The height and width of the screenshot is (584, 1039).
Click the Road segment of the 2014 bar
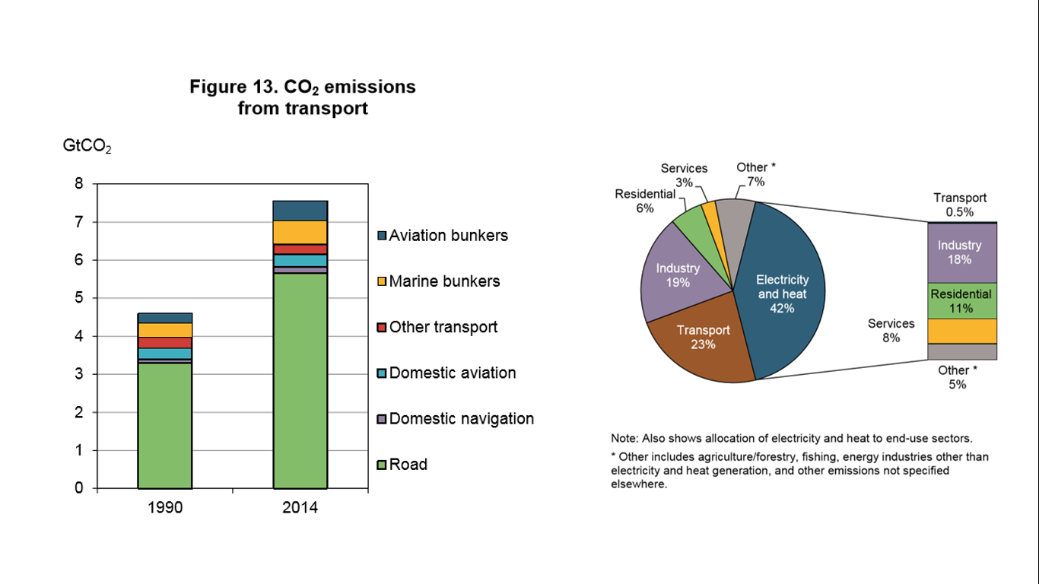pyautogui.click(x=300, y=380)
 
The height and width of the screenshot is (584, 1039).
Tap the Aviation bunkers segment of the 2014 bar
pyautogui.click(x=300, y=211)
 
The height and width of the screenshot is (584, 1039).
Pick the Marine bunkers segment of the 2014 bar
pyautogui.click(x=300, y=233)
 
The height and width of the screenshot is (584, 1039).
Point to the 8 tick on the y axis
pyautogui.click(x=79, y=184)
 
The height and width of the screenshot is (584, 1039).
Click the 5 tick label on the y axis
pyautogui.click(x=79, y=298)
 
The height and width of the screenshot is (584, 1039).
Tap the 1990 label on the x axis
pyautogui.click(x=164, y=507)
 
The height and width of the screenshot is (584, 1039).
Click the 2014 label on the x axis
pyautogui.click(x=300, y=507)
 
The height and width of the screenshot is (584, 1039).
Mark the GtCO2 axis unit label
pyautogui.click(x=87, y=146)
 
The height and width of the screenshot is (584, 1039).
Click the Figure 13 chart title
pyautogui.click(x=303, y=97)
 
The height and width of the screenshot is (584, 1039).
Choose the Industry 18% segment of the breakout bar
pyautogui.click(x=960, y=252)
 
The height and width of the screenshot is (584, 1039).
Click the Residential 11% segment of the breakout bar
pyautogui.click(x=960, y=300)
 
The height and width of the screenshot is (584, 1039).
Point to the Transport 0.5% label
pyautogui.click(x=960, y=205)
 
